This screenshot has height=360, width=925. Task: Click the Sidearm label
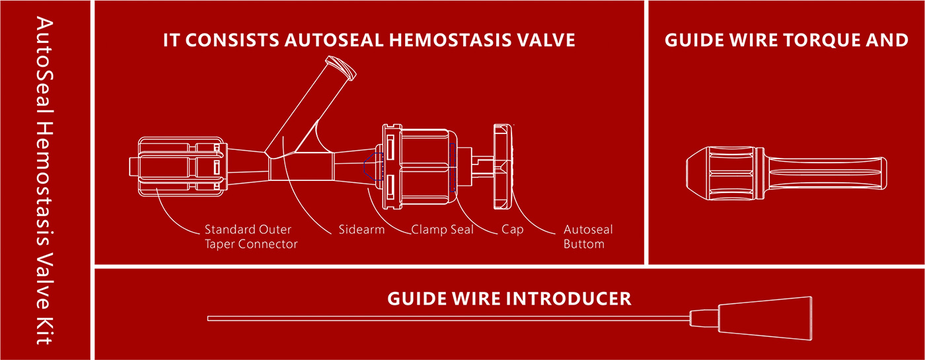coord(361,230)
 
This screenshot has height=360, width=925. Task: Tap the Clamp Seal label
coord(442,230)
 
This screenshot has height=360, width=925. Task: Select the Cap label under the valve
coord(513,230)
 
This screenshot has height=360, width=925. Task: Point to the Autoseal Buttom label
coord(588,236)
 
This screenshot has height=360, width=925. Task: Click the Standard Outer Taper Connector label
coord(251,236)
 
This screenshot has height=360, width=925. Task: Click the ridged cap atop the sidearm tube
coord(341,67)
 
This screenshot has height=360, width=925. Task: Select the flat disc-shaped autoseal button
coord(503,166)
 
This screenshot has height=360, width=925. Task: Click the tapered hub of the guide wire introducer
coord(765,318)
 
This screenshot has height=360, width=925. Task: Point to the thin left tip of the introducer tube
coord(208,318)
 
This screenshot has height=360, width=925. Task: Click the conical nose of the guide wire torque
coord(698,174)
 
